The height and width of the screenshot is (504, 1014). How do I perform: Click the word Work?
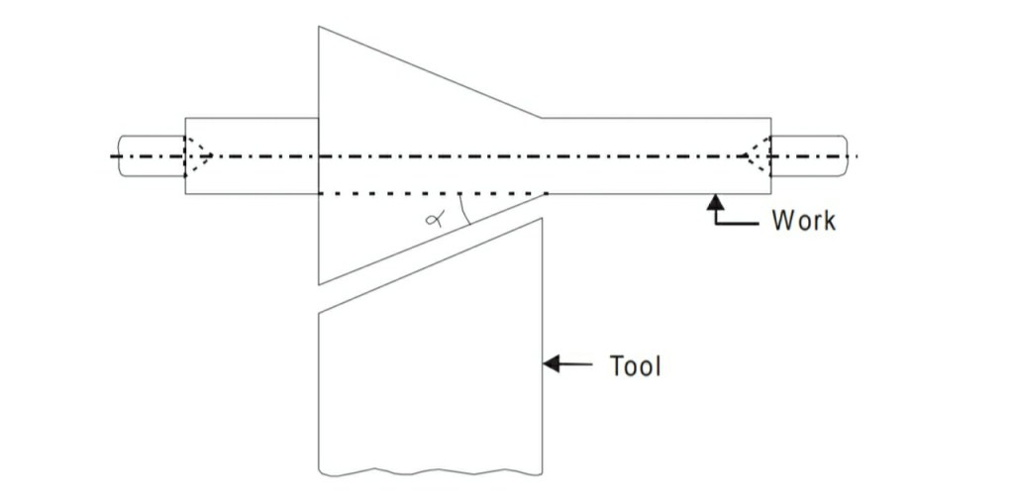pyautogui.click(x=803, y=219)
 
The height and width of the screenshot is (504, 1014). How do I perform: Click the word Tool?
pyautogui.click(x=635, y=365)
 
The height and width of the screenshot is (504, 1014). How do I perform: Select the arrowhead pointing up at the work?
pyautogui.click(x=712, y=203)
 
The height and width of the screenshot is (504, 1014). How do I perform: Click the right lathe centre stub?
pyautogui.click(x=808, y=155)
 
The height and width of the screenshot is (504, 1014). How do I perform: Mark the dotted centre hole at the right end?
pyautogui.click(x=759, y=155)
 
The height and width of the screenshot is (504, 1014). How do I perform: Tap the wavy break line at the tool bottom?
pyautogui.click(x=430, y=469)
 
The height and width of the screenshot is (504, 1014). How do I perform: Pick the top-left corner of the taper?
pyautogui.click(x=319, y=27)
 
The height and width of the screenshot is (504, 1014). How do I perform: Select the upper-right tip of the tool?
pyautogui.click(x=541, y=219)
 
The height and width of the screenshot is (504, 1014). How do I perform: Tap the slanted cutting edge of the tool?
pyautogui.click(x=430, y=266)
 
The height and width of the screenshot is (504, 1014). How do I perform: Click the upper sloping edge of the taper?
pyautogui.click(x=430, y=72)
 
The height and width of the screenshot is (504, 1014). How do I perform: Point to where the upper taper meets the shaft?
pyautogui.click(x=542, y=118)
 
